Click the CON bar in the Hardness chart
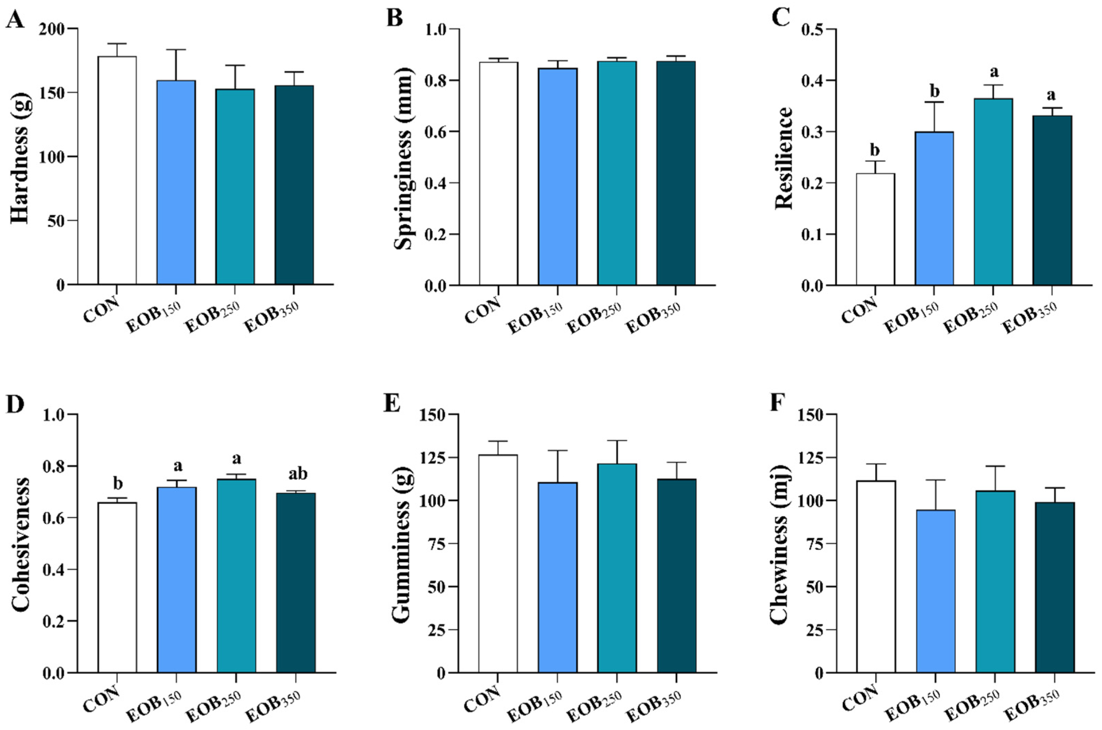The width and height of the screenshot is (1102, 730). [x=117, y=170]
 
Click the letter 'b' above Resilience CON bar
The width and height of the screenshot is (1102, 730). [x=875, y=151]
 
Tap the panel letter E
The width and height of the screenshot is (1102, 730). [x=392, y=404]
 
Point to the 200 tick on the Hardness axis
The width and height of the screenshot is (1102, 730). [x=55, y=29]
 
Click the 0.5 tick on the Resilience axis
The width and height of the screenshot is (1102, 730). [x=812, y=29]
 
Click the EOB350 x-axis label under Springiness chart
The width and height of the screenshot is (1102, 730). [x=654, y=318]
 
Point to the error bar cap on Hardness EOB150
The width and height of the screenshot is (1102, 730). [x=176, y=49]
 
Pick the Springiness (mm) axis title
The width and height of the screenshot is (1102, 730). [x=403, y=157]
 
